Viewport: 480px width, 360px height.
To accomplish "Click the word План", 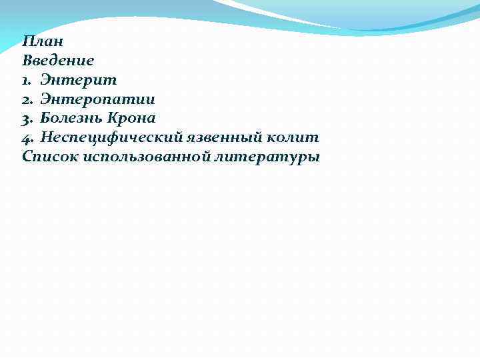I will [x=42, y=41].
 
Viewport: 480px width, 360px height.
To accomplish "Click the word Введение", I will [x=58, y=61].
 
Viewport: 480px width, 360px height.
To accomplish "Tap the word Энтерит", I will [x=79, y=80].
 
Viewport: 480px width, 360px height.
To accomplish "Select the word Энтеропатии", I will [x=97, y=99].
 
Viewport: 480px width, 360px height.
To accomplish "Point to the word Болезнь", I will [x=69, y=119].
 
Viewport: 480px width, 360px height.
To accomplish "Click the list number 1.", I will [x=27, y=81].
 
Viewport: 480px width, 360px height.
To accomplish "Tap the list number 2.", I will [x=27, y=100].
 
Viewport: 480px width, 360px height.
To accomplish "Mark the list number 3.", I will [x=27, y=119].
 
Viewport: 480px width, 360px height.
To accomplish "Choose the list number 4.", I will [x=27, y=138].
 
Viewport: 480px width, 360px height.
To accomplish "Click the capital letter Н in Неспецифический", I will [x=46, y=137].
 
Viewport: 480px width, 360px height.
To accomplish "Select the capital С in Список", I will [x=27, y=157].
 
